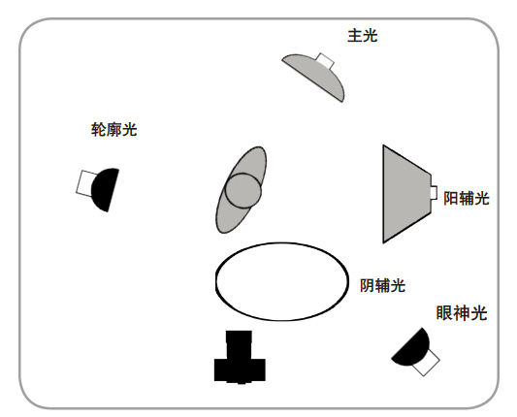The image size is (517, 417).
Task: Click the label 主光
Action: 362,35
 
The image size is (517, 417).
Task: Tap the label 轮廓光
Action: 113,130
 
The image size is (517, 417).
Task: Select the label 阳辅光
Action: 467,198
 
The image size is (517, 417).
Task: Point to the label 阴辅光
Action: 382,285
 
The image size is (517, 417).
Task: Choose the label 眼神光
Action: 462,313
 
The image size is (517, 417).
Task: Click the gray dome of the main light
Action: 316,76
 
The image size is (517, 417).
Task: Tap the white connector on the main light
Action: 326,60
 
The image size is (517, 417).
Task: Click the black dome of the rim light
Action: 106,189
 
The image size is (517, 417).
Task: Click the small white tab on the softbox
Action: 435,193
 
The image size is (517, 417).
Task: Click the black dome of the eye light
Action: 412,348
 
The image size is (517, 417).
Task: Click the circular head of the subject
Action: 243,191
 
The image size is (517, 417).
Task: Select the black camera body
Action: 240,370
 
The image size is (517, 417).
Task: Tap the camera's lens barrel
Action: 239,345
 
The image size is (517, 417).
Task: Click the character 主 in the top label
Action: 355,36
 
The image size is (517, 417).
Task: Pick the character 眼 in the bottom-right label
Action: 444,313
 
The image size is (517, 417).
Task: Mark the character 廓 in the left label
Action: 113,130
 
